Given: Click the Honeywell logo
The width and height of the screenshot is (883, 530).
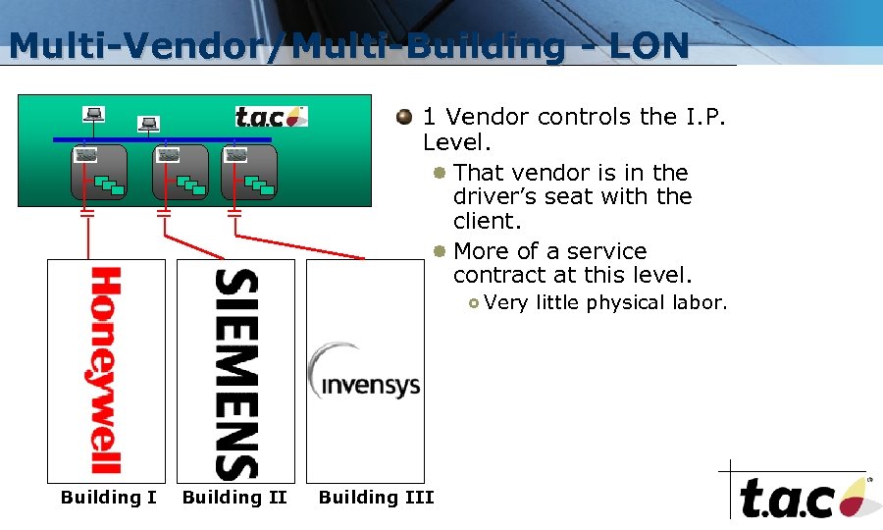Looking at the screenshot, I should click(106, 370).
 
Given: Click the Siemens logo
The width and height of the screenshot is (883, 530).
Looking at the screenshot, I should click(235, 373).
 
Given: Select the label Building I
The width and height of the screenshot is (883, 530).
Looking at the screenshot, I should click(108, 498).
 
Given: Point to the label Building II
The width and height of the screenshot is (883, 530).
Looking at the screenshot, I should click(234, 498).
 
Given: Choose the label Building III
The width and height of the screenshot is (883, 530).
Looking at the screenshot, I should click(376, 498).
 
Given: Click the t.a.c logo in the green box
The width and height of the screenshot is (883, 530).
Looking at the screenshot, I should click(271, 117).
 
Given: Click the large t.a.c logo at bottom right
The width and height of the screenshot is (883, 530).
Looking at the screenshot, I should click(801, 496).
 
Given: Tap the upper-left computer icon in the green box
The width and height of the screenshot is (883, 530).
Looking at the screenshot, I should click(94, 115).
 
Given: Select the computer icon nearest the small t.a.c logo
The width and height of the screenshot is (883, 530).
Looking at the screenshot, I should click(148, 125).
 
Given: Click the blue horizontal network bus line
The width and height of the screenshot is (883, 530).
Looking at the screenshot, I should click(162, 140).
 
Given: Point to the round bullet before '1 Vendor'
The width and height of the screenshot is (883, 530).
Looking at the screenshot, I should click(403, 118).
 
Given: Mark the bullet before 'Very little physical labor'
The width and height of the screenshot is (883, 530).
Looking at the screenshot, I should click(474, 303).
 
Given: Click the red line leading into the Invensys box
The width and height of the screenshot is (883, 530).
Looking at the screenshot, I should click(294, 250).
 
